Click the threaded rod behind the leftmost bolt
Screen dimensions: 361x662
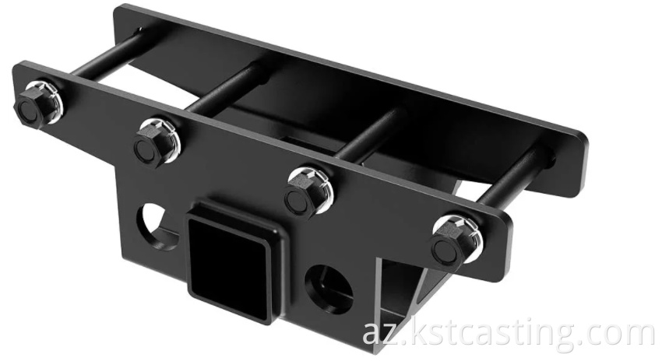[x=101, y=62]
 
